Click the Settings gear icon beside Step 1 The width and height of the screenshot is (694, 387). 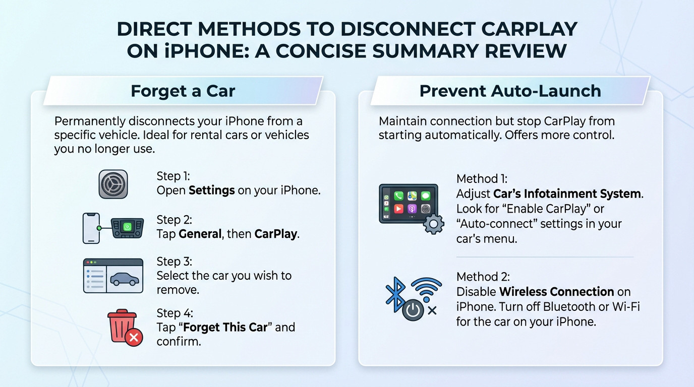pos(113,184)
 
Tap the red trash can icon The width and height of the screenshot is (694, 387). pos(122,325)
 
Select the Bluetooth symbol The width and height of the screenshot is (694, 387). pos(395,295)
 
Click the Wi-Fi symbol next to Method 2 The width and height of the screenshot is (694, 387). pos(426,289)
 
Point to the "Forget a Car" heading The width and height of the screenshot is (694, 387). pos(183,91)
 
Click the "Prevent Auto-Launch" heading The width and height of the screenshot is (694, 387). pos(510,91)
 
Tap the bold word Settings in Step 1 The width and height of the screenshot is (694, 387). pos(211,190)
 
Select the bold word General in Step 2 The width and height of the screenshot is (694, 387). pos(200,234)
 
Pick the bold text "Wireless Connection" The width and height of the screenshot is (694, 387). pos(556,292)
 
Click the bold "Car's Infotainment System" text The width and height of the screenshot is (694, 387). pos(568,193)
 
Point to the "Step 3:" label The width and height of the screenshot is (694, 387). pos(175,262)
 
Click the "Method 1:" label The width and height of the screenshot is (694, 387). pos(482,179)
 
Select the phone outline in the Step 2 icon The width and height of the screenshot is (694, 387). pos(91,228)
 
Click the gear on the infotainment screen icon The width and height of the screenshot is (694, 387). pos(433,223)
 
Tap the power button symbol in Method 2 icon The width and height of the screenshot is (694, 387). pos(413,310)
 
